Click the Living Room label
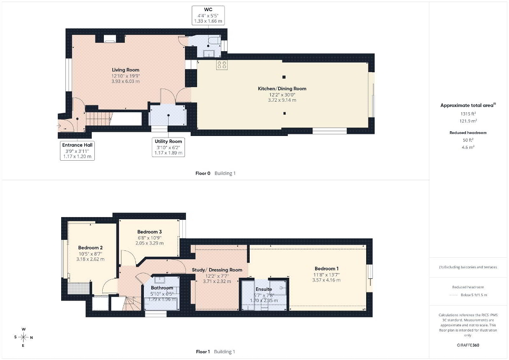point(125,70)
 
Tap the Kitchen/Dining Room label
point(282,89)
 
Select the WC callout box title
point(208,9)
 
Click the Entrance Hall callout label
point(77,145)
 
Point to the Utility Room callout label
point(168,142)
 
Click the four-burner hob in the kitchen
point(222,65)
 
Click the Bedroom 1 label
point(327,269)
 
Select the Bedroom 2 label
point(90,248)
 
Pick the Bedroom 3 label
point(149,232)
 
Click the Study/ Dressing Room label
point(217,270)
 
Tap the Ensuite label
point(263,289)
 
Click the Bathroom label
point(162,288)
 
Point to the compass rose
point(23,337)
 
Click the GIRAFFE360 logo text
point(468,345)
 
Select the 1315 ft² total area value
point(468,114)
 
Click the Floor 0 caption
point(203,173)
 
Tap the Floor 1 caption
point(203,352)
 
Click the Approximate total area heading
point(468,105)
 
